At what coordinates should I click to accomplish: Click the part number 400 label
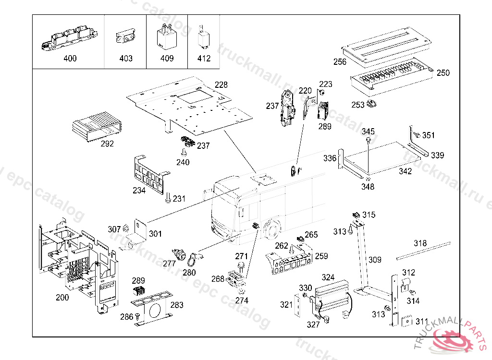click(x=70, y=59)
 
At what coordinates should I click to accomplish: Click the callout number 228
click(x=221, y=85)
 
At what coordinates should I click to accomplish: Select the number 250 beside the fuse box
click(x=443, y=73)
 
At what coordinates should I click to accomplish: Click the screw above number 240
click(x=184, y=153)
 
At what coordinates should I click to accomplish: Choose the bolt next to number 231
click(x=168, y=197)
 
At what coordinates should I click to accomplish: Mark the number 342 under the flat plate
click(x=405, y=171)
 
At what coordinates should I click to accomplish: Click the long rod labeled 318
click(x=423, y=251)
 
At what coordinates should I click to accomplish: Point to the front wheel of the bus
click(x=272, y=230)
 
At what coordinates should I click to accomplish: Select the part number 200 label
click(x=62, y=297)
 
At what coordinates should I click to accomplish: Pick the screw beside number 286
click(x=138, y=316)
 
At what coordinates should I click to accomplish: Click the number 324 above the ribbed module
click(x=328, y=277)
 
